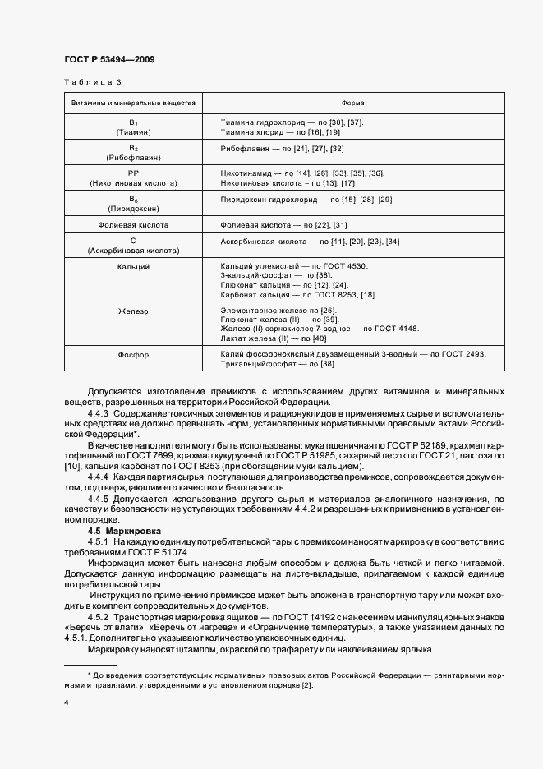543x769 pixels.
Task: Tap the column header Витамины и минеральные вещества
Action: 133,103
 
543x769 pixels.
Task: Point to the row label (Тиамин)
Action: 133,131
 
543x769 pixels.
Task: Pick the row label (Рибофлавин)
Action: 133,157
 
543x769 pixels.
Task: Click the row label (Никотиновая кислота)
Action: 133,182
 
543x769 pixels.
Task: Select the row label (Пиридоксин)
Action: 133,208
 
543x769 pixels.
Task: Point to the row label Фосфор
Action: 133,355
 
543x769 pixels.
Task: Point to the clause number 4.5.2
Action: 99,616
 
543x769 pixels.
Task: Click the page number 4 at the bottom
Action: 66,702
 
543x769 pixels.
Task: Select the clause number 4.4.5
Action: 99,498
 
